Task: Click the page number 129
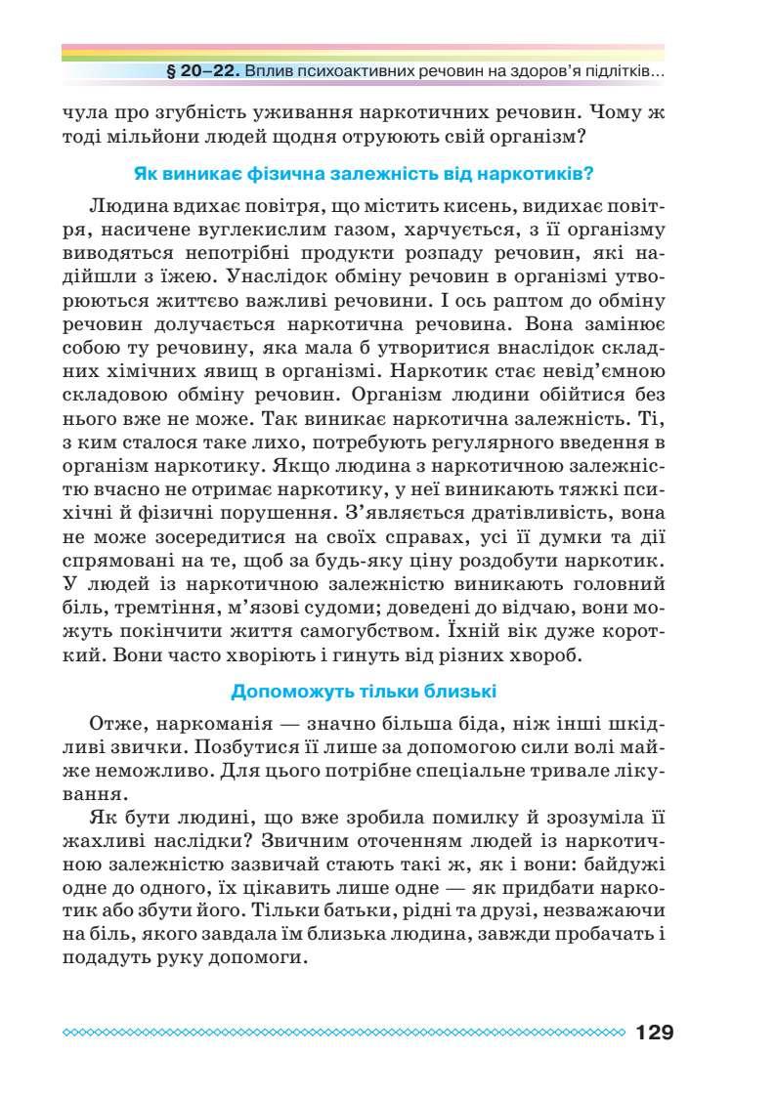[x=654, y=1032]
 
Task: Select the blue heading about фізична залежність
[x=364, y=175]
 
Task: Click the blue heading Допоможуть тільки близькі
[x=364, y=693]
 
